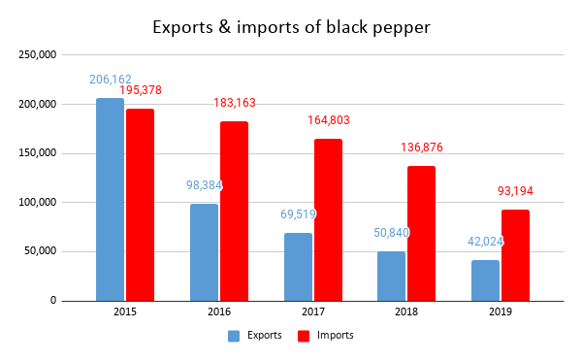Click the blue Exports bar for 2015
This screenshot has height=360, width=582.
pos(111,199)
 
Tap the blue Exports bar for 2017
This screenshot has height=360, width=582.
pos(299,267)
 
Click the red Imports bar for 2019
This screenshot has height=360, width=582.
pos(515,255)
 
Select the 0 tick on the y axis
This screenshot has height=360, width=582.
pos(54,301)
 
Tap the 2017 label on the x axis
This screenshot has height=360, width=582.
pos(312,313)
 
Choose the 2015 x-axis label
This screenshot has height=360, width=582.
pos(125,313)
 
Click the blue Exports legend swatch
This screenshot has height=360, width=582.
pos(234,336)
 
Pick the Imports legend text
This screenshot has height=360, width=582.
pos(336,336)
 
